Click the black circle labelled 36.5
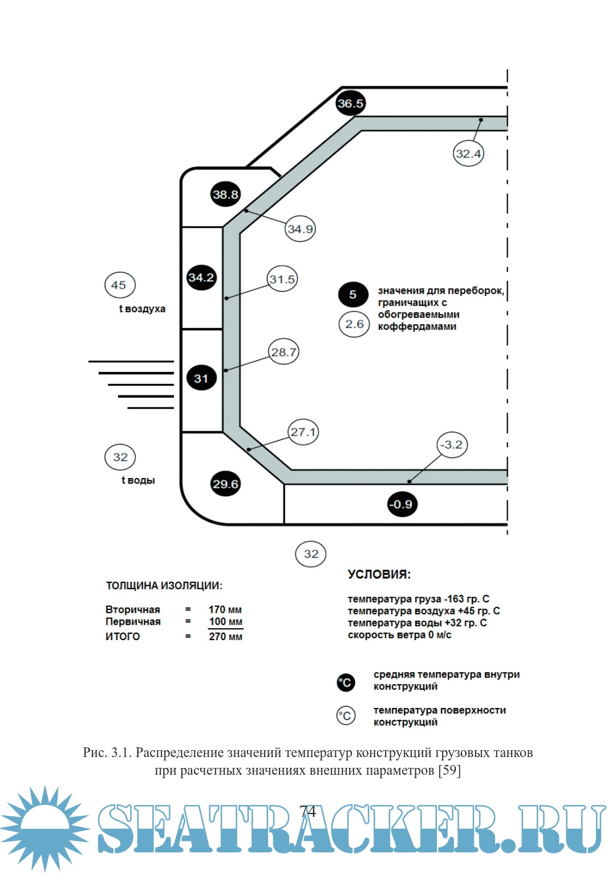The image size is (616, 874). (350, 103)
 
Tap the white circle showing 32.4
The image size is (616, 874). (468, 153)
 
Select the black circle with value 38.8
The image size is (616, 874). (225, 195)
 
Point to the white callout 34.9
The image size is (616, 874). (300, 229)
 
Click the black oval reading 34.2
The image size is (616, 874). (201, 278)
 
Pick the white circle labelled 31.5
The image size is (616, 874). (282, 279)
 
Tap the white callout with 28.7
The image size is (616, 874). (283, 352)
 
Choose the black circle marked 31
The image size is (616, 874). (201, 378)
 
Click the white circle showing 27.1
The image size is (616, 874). (303, 432)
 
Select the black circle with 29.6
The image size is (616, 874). (225, 484)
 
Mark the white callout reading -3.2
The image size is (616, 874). (452, 444)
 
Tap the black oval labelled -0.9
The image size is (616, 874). (402, 504)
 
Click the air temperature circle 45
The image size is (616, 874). (119, 285)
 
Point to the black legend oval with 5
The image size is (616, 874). (353, 294)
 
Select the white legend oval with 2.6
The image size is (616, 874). (354, 324)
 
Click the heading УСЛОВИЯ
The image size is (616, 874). (379, 574)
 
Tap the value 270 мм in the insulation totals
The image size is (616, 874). (225, 636)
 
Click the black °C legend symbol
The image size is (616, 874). (346, 682)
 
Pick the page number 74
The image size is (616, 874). (307, 811)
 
